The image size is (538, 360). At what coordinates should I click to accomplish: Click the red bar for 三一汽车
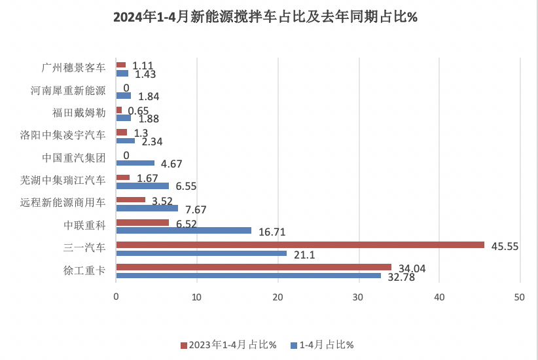click(300, 245)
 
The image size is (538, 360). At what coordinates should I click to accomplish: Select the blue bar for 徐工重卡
click(248, 276)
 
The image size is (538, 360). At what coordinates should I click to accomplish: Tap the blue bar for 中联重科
click(183, 230)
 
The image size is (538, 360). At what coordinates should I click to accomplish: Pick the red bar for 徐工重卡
click(253, 267)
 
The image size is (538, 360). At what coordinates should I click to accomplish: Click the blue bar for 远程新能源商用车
click(147, 208)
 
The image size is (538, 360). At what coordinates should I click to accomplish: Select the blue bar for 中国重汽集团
click(135, 163)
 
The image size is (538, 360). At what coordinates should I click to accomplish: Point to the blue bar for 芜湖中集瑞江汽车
click(142, 186)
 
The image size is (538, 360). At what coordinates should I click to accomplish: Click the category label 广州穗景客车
click(73, 68)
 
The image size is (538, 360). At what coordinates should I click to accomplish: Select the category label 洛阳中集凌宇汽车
click(63, 135)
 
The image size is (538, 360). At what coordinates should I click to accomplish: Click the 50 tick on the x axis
click(520, 297)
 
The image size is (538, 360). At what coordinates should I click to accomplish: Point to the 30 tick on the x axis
click(358, 297)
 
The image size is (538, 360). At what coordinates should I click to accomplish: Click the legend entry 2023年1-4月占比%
click(228, 345)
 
